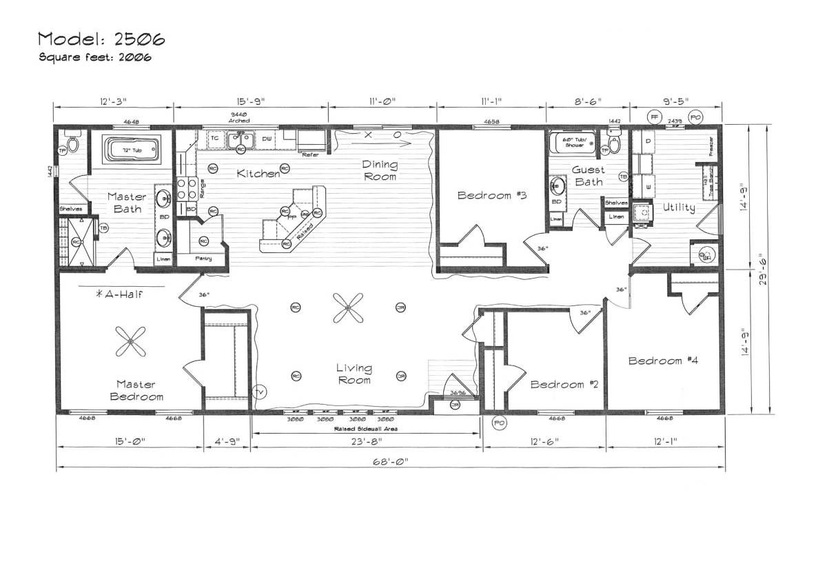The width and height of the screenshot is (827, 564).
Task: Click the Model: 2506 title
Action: [101, 39]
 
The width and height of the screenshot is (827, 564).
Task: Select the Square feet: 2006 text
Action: [94, 57]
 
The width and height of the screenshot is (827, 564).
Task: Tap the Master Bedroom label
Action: [135, 390]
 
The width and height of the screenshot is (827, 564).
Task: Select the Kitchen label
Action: [258, 174]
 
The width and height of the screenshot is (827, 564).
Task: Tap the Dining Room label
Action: [380, 170]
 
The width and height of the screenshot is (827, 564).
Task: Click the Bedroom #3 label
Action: [492, 195]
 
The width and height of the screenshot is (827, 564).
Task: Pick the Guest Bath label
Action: [589, 176]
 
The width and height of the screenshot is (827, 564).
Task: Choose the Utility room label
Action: [678, 208]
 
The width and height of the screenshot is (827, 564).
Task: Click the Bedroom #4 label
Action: [663, 361]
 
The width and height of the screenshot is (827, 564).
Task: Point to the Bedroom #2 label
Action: [564, 384]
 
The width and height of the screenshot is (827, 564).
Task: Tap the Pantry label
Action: [203, 259]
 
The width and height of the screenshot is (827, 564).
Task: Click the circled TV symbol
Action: [259, 392]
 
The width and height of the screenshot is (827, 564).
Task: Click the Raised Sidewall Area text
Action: [365, 428]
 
